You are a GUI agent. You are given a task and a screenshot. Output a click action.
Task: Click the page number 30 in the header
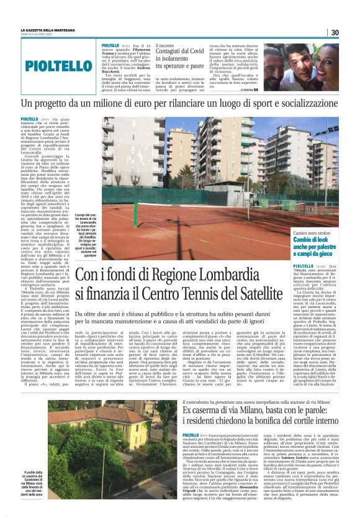(334, 32)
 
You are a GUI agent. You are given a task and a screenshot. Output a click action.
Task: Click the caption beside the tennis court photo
(89, 226)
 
